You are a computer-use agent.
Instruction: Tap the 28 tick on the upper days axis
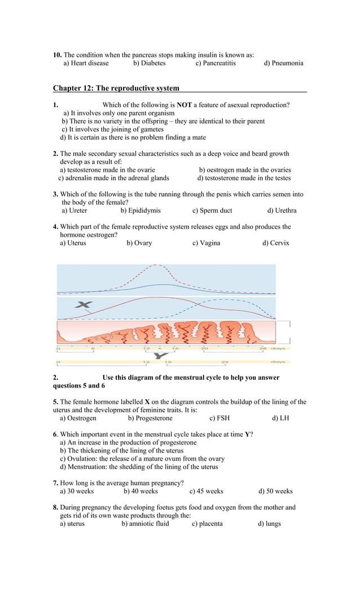pyautogui.click(x=262, y=349)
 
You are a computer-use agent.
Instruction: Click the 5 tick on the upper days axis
pyautogui.click(x=93, y=349)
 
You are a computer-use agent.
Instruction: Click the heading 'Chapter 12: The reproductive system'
pyautogui.click(x=116, y=88)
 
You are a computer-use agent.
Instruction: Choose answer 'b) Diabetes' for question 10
pyautogui.click(x=150, y=63)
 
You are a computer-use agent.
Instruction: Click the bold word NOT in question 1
pyautogui.click(x=184, y=105)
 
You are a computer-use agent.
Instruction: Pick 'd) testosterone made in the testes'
pyautogui.click(x=244, y=178)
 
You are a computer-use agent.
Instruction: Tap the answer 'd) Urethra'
pyautogui.click(x=282, y=210)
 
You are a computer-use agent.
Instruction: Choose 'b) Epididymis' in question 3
pyautogui.click(x=141, y=210)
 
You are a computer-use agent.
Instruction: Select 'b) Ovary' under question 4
pyautogui.click(x=139, y=243)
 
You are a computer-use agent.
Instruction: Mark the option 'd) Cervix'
pyautogui.click(x=275, y=243)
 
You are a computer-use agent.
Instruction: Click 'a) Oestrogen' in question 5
pyautogui.click(x=78, y=418)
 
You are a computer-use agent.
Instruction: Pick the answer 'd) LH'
pyautogui.click(x=280, y=418)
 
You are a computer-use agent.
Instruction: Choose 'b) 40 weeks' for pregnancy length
pyautogui.click(x=141, y=491)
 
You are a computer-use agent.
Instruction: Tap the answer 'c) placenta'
pyautogui.click(x=207, y=524)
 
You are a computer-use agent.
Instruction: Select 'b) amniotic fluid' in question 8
pyautogui.click(x=146, y=524)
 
